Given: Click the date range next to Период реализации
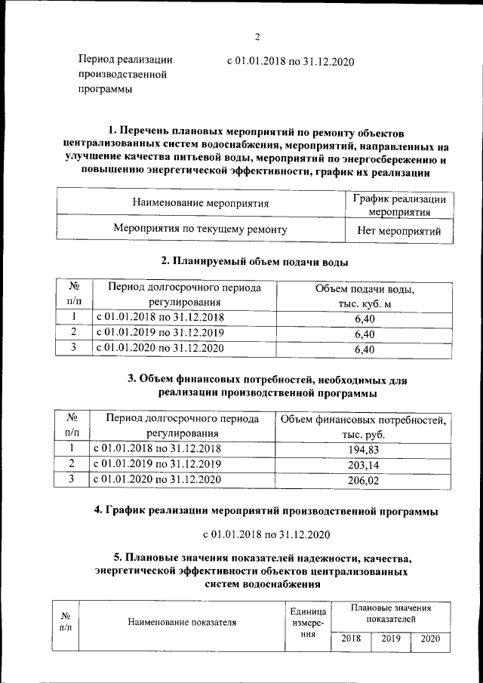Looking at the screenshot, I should (291, 60).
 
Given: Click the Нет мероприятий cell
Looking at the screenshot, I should (399, 231).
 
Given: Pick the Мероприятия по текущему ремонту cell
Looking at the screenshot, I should (199, 228).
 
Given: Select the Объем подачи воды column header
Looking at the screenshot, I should (365, 295).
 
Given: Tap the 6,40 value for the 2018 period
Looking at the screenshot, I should (365, 318).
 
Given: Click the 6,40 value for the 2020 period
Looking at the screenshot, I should (365, 349).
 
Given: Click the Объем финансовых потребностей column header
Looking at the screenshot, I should (363, 426).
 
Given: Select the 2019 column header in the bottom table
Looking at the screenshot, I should (390, 638).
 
